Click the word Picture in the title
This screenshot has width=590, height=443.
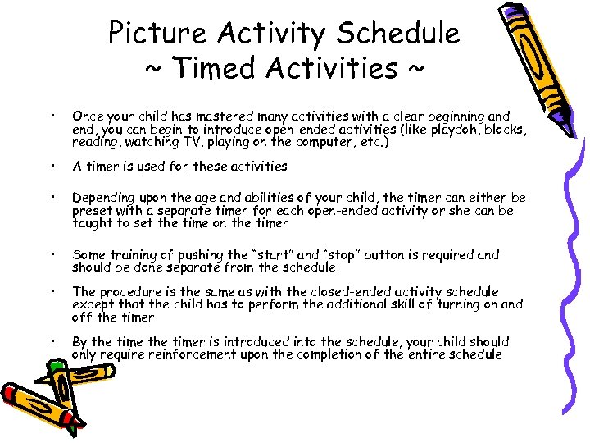pyautogui.click(x=155, y=34)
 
